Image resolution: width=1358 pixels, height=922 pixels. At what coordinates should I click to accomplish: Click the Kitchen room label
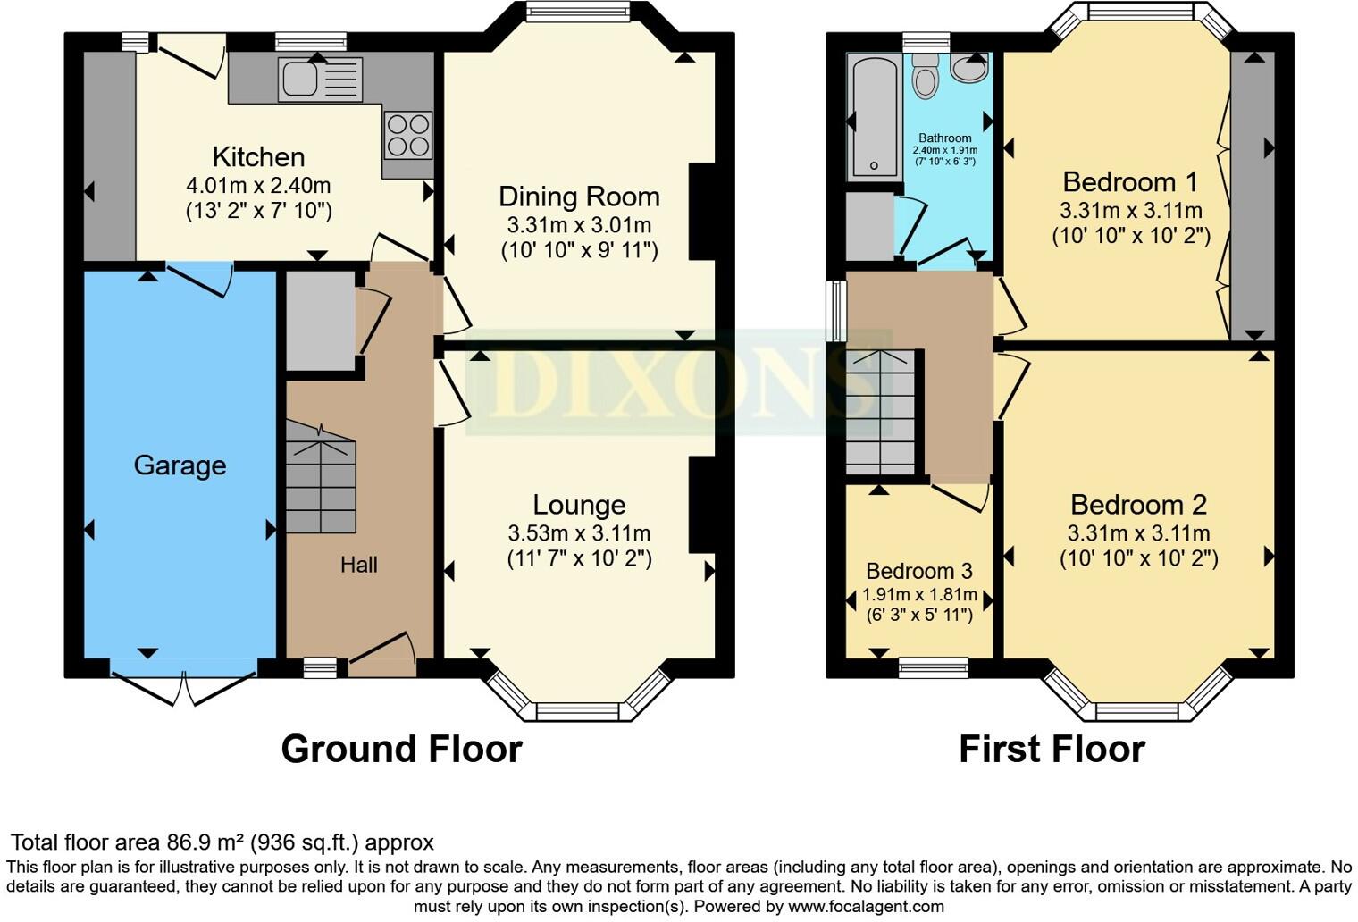[258, 157]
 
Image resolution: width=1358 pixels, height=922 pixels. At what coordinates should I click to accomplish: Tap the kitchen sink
[319, 79]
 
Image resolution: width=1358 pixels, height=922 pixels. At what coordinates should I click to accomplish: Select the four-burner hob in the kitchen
[408, 135]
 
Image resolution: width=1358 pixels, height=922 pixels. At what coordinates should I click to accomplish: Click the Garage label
[180, 465]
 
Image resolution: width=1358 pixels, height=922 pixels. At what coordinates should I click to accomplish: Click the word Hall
[358, 565]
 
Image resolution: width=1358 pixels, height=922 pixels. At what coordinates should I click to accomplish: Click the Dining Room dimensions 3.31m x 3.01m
[579, 225]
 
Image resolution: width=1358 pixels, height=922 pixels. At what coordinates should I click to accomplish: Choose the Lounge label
[579, 505]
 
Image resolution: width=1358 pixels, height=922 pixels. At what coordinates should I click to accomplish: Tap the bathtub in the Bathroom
[873, 116]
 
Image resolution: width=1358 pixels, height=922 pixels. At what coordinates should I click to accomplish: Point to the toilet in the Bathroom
[926, 77]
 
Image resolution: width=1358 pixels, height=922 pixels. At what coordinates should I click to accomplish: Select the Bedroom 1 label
[1130, 182]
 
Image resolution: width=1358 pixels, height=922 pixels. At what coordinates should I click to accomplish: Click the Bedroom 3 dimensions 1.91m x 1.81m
[919, 595]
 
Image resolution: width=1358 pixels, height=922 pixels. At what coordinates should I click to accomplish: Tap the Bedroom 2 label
[1138, 505]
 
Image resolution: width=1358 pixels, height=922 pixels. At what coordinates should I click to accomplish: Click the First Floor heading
[1052, 749]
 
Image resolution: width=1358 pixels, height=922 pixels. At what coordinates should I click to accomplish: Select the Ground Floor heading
[401, 749]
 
